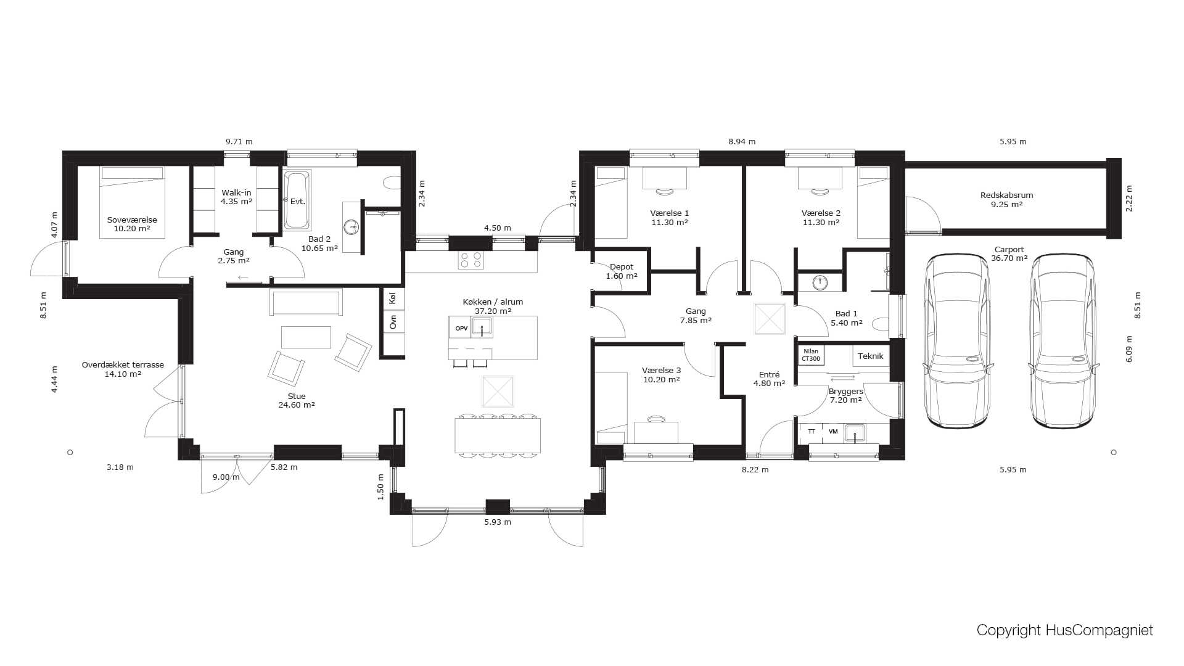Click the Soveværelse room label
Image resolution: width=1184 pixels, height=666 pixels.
[132, 220]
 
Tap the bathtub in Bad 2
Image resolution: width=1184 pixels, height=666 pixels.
[297, 200]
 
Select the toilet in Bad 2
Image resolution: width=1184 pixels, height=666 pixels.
[392, 183]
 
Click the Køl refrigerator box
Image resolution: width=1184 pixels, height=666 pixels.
[393, 298]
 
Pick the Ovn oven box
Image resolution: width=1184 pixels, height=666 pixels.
[393, 321]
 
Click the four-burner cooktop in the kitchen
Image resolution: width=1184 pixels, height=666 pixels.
[471, 260]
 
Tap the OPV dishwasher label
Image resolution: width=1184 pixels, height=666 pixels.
[461, 328]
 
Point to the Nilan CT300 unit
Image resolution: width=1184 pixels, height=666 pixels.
[811, 355]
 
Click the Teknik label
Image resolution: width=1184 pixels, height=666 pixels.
[871, 356]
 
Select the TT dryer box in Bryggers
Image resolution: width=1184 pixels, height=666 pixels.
[812, 432]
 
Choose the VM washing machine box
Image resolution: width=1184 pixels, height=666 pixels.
[833, 432]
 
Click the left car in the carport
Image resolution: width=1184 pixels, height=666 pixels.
[958, 340]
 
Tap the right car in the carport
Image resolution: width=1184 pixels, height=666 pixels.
[1063, 340]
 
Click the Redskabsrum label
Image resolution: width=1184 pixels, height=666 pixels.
[1006, 195]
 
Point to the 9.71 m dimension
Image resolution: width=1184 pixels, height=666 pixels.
[239, 141]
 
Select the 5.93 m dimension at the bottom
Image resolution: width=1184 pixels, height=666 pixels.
[498, 522]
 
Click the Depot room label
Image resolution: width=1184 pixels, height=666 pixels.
[621, 267]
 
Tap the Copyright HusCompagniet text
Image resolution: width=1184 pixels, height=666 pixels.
[1064, 630]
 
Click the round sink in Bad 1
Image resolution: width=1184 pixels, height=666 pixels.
[820, 282]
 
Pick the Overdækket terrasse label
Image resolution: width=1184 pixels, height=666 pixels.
[123, 365]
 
